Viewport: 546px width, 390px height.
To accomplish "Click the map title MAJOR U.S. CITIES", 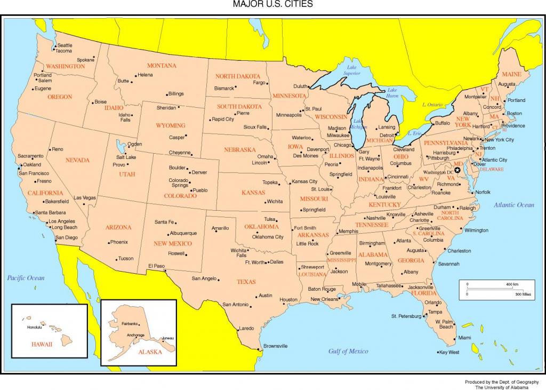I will [272, 4].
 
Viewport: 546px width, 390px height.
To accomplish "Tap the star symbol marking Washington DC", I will [457, 170].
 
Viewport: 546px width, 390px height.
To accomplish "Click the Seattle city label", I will [65, 45].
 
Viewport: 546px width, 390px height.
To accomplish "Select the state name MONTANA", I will [162, 66].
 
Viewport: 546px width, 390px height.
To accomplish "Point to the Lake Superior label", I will [352, 70].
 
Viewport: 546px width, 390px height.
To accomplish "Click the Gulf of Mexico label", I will [348, 351].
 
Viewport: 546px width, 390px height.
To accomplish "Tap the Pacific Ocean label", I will [26, 278].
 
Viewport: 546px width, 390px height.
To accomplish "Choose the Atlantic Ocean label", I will [513, 205].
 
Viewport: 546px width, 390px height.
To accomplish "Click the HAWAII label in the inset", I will [41, 344].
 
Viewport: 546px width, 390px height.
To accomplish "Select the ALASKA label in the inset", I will [150, 352].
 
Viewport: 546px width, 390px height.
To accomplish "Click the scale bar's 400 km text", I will [512, 284].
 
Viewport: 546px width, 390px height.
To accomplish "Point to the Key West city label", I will [449, 352].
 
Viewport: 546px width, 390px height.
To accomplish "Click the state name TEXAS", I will [246, 282].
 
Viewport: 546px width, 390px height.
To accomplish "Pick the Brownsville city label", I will [276, 346].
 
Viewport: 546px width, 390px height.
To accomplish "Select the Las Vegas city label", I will [85, 198].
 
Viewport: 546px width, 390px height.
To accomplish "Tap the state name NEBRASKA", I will [239, 150].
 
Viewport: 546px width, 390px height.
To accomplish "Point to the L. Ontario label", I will [433, 105].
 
